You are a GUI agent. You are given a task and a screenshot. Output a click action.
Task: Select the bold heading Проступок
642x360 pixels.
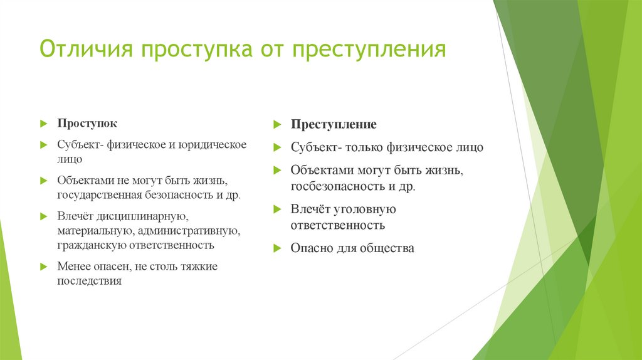click(x=87, y=124)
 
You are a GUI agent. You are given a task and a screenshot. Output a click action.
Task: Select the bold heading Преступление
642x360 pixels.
click(x=333, y=124)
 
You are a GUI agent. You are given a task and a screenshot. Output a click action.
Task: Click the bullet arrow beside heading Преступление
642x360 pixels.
click(x=276, y=125)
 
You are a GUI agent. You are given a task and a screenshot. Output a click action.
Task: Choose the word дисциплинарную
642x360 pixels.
click(x=142, y=216)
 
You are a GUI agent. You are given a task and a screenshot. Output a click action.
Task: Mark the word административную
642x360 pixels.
click(x=189, y=231)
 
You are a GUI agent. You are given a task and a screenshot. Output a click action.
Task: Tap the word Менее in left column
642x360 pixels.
click(x=74, y=267)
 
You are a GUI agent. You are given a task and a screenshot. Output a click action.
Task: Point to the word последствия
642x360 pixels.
click(x=89, y=282)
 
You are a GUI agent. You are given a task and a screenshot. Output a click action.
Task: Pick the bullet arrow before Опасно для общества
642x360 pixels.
click(x=276, y=248)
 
